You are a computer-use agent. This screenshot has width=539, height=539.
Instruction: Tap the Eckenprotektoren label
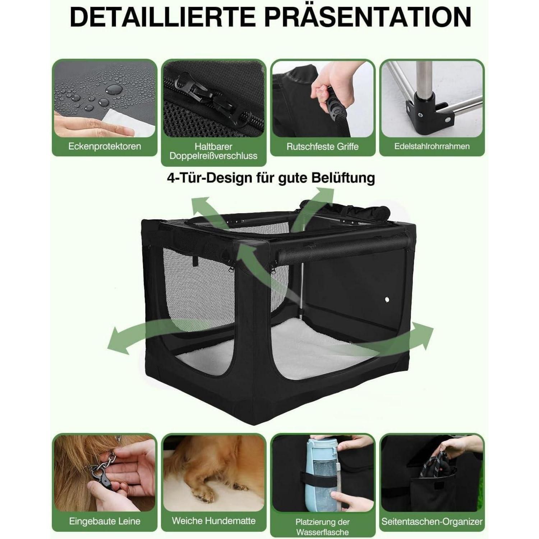click(x=105, y=146)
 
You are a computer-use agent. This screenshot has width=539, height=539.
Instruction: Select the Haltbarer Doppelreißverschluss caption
click(x=213, y=151)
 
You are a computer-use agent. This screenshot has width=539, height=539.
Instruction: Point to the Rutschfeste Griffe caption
click(x=323, y=147)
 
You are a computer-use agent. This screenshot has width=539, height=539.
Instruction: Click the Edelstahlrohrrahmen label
click(x=432, y=146)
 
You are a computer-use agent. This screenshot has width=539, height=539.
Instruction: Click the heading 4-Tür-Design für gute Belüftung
click(x=271, y=178)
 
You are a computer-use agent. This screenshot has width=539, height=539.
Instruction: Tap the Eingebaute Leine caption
click(x=105, y=521)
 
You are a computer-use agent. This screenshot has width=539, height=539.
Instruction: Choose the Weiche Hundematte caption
click(x=213, y=521)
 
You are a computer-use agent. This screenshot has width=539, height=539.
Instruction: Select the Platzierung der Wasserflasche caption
click(x=323, y=527)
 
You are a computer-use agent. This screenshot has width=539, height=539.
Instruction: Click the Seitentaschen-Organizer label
click(x=432, y=521)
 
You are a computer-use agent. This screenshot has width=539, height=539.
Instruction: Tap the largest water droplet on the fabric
click(x=114, y=89)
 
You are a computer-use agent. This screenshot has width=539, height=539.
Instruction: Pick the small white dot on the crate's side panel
click(x=387, y=299)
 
